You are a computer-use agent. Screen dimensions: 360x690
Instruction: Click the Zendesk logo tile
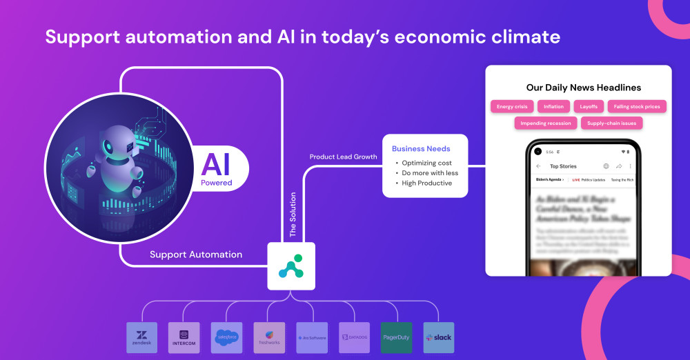142,337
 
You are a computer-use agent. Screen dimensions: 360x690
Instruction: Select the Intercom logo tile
184,337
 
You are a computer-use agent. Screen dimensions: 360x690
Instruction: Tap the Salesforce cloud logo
227,337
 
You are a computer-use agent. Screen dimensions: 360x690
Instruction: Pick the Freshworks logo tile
269,337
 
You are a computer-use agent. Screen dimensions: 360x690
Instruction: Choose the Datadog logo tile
354,337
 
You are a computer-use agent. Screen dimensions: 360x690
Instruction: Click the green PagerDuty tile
396,337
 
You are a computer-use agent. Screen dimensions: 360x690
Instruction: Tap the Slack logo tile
439,337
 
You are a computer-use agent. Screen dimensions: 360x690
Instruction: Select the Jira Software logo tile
312,337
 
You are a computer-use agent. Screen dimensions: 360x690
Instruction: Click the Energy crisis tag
512,106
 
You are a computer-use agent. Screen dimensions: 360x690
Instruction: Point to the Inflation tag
554,106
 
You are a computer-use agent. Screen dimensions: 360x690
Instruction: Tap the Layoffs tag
589,106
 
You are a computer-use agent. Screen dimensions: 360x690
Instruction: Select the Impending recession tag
546,123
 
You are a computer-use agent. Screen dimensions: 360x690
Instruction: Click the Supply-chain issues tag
611,123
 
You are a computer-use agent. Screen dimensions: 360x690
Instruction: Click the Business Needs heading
421,148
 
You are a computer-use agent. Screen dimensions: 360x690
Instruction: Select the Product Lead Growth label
343,157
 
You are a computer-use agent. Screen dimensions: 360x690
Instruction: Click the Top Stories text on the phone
563,166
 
